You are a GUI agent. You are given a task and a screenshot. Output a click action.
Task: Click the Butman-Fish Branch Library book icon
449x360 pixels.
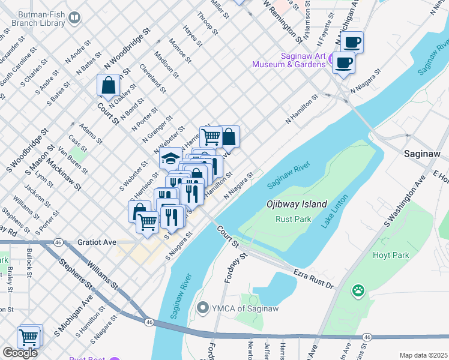coord(74,18)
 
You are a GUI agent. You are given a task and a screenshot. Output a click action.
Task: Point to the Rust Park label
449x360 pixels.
coord(293,219)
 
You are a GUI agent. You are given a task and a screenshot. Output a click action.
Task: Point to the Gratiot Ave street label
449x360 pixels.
coord(97,242)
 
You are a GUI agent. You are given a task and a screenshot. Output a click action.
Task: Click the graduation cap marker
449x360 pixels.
coord(170,158)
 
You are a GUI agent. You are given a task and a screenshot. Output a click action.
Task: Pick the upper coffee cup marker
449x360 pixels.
coord(352,43)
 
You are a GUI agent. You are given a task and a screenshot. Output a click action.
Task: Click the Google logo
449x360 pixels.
coord(19,353)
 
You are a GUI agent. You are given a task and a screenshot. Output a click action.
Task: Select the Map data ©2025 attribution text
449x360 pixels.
coord(423,355)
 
